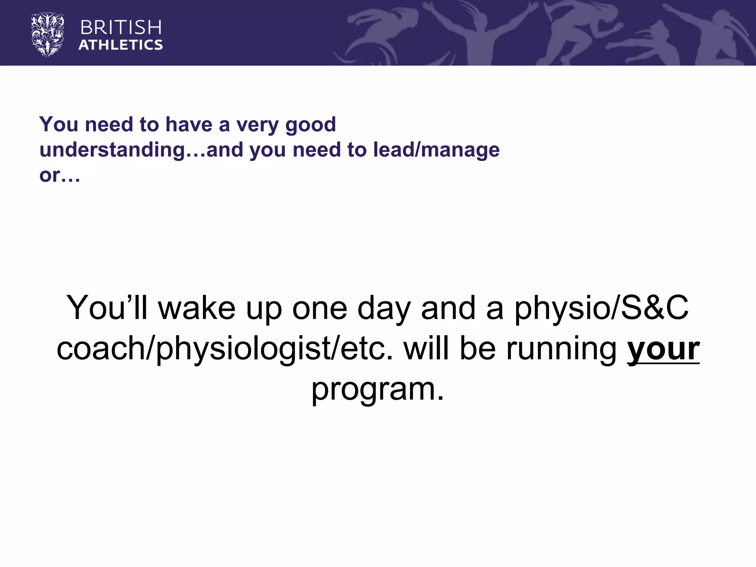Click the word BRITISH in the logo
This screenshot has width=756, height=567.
pyautogui.click(x=121, y=28)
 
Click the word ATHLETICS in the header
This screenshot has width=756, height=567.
pyautogui.click(x=121, y=45)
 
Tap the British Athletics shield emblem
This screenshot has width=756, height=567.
pyautogui.click(x=48, y=35)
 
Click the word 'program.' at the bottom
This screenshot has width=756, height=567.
pyautogui.click(x=378, y=389)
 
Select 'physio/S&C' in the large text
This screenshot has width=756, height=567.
pyautogui.click(x=601, y=308)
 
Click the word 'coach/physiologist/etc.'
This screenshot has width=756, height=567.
pyautogui.click(x=225, y=348)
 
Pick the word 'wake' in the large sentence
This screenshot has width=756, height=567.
pyautogui.click(x=197, y=308)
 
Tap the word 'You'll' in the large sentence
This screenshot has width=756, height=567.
pyautogui.click(x=107, y=308)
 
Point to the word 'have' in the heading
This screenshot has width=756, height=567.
pyautogui.click(x=189, y=125)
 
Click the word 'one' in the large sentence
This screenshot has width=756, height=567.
pyautogui.click(x=320, y=308)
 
